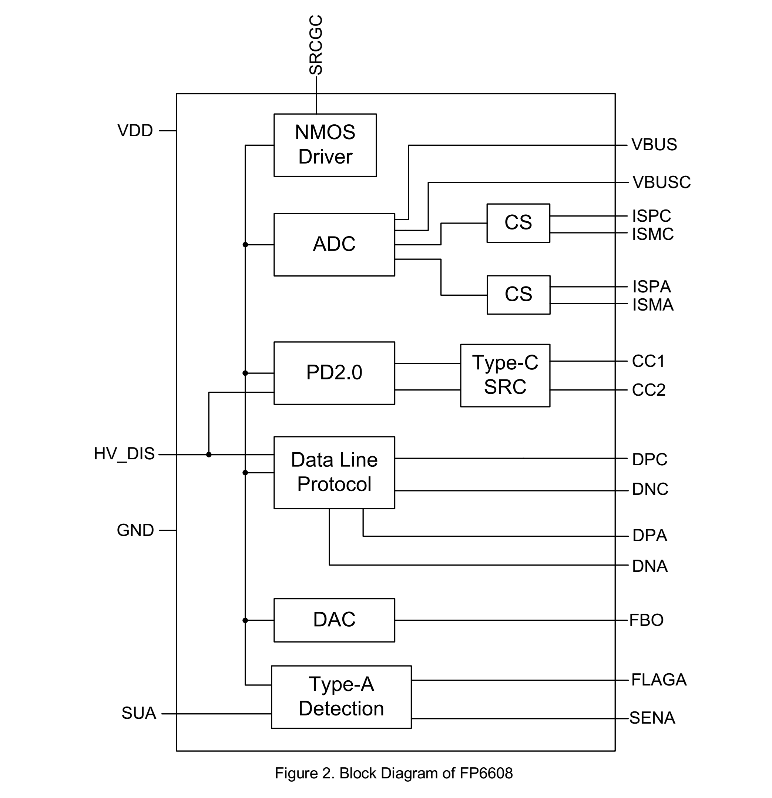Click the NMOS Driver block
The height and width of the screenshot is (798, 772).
(325, 145)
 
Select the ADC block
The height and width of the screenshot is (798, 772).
(334, 244)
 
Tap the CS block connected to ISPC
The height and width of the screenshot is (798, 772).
(518, 223)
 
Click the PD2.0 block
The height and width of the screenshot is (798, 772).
(334, 372)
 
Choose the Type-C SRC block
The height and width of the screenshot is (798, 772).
(505, 375)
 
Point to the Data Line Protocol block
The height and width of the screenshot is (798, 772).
(334, 472)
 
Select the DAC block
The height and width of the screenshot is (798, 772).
(334, 620)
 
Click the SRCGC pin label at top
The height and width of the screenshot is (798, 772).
(316, 45)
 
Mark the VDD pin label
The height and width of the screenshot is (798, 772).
(135, 131)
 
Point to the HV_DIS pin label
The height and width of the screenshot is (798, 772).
(124, 454)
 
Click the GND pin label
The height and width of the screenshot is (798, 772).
(135, 530)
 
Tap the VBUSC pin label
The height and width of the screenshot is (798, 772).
(661, 182)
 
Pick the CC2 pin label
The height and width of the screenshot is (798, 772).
(648, 390)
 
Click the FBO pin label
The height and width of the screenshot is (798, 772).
(646, 620)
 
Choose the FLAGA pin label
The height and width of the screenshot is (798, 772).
(658, 680)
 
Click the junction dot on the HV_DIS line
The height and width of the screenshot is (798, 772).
(209, 455)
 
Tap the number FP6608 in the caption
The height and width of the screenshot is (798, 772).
(486, 773)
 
